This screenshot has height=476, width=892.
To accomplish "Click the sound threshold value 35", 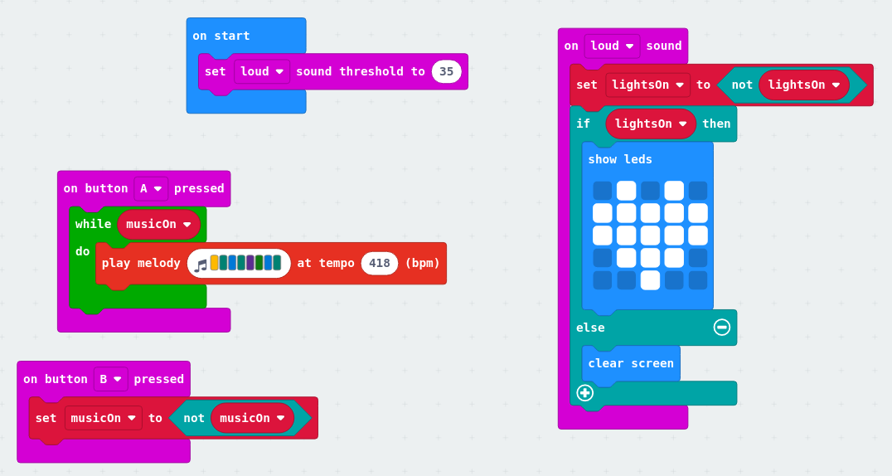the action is coord(446,71).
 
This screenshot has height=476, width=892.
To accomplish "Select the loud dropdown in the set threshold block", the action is coord(262,71).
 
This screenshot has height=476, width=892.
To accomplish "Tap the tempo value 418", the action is coord(380,263).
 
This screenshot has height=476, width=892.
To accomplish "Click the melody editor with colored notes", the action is coord(239,263).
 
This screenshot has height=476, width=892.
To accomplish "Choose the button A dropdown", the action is coord(151,188).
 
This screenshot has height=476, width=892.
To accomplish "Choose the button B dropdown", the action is coord(110,379).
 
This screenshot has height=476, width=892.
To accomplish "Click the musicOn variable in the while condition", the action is coord(158,224).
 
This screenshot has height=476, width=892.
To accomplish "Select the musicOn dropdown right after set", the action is coord(104,418).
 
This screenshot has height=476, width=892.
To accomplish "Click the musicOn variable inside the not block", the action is coord(252,418).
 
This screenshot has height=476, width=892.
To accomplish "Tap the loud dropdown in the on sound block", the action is coord(612,46).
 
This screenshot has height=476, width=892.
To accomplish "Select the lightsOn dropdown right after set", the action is coord(647,85).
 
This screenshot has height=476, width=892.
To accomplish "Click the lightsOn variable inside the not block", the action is coord(803,85).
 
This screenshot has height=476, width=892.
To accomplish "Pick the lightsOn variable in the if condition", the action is coord(651,124).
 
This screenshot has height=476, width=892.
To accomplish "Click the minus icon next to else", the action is coord(722,328).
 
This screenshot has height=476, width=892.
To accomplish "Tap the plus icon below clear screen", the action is coord(585,393).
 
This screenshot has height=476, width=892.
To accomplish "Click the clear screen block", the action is coord(631,363).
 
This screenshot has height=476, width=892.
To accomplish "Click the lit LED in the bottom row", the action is coord(651,280).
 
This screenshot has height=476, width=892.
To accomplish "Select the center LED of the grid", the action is coord(651,236).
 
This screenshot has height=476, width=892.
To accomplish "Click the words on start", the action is coord(221,36).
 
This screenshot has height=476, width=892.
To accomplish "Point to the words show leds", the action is coord(620,159).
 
